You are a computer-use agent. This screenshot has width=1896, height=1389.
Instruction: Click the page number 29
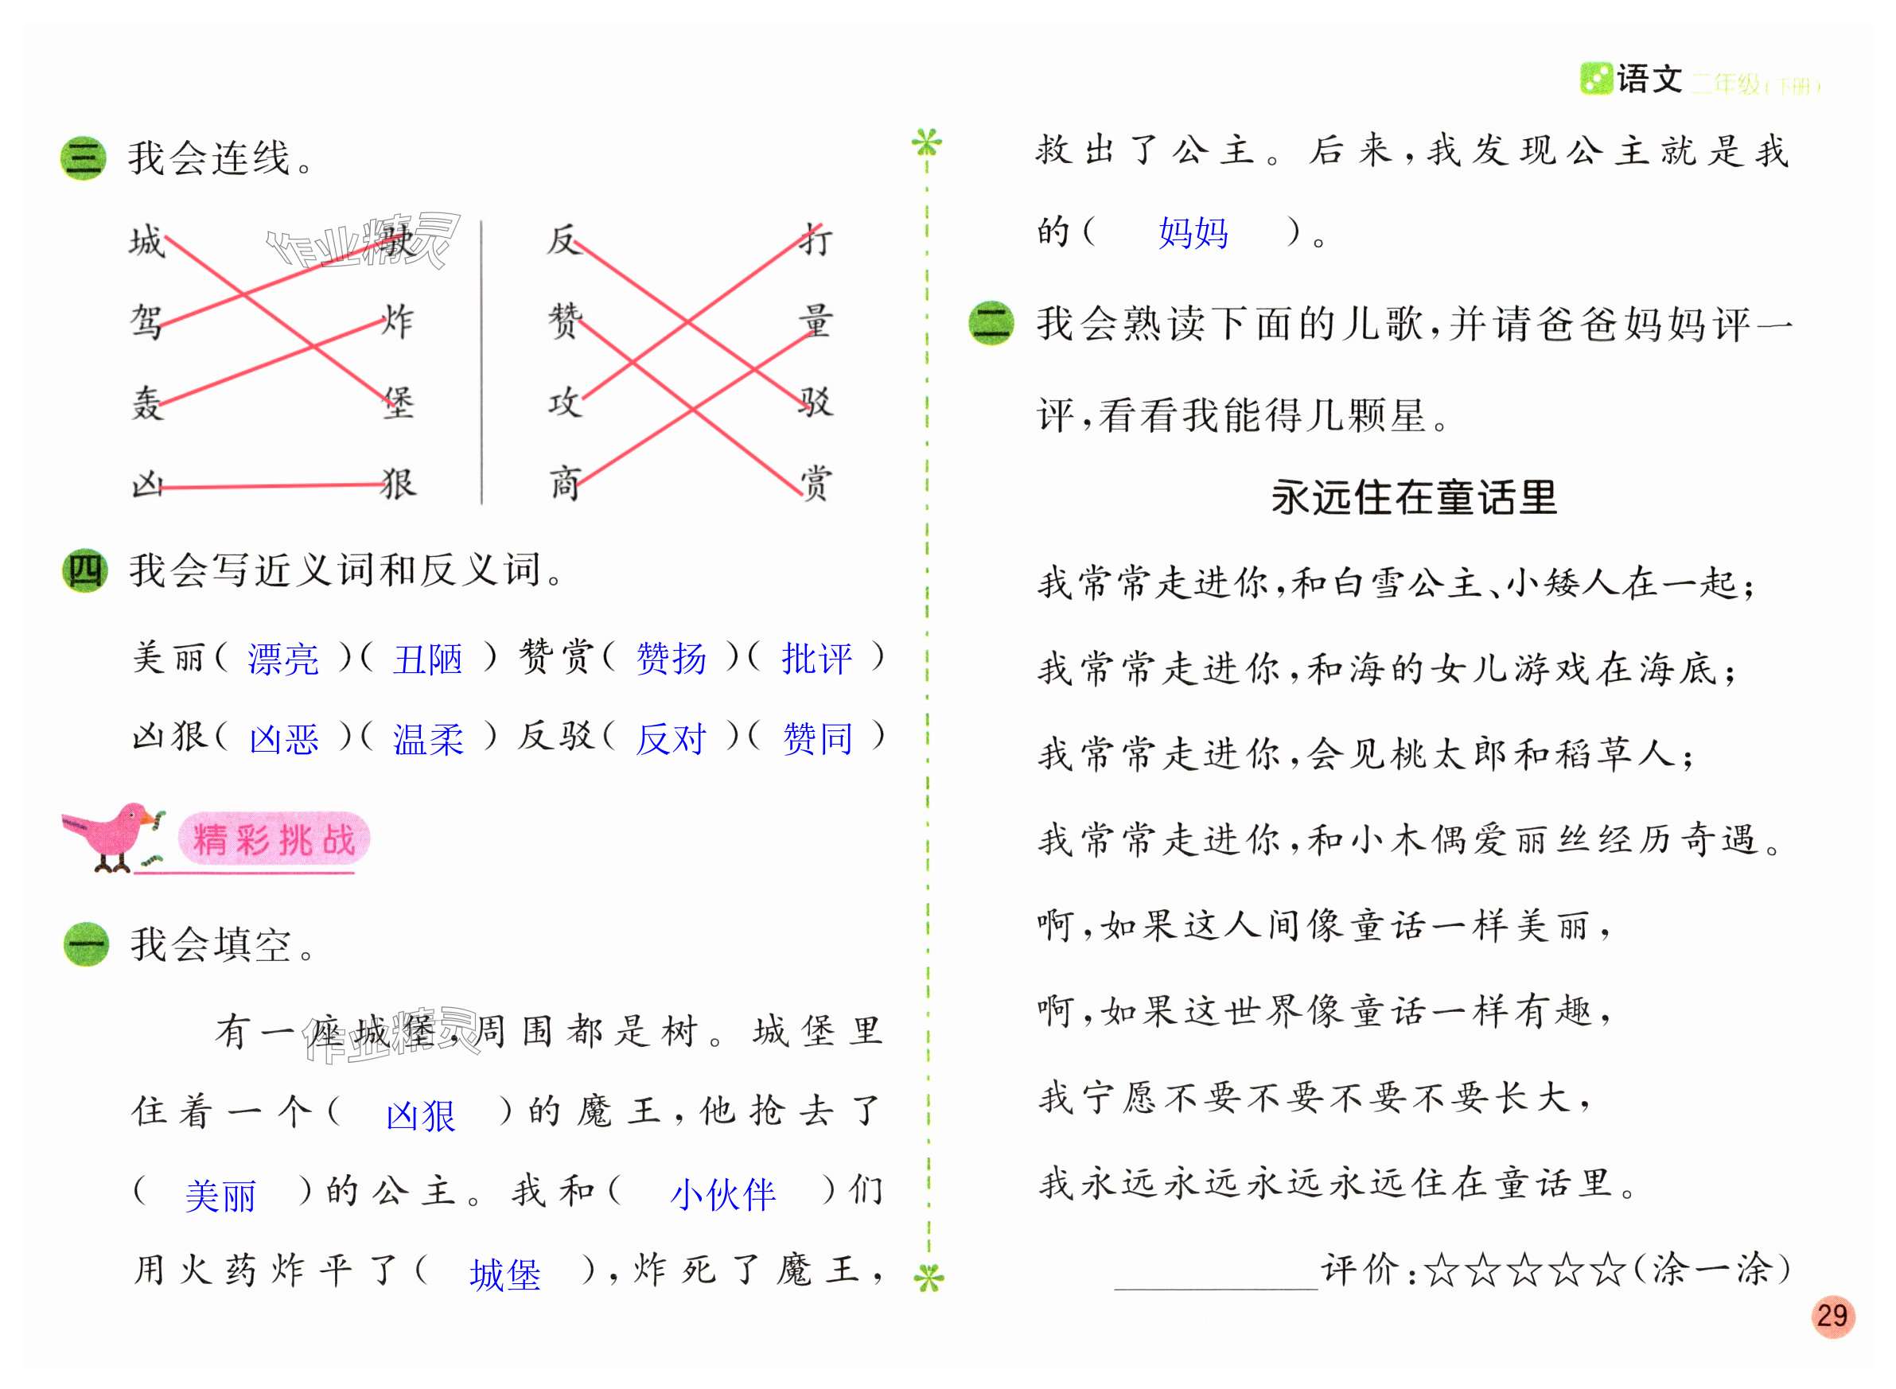pos(1832,1315)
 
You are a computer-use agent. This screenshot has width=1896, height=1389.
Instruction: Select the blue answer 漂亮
pos(283,659)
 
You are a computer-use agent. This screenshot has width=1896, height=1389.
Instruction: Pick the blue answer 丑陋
pos(428,659)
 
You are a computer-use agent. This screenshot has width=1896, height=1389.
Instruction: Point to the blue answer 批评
pos(816,659)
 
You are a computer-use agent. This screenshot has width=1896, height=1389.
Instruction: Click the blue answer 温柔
pos(428,739)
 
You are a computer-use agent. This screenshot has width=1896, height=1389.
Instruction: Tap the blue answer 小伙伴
pos(722,1194)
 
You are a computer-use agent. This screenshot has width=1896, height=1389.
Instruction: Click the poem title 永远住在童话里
pos(1413,497)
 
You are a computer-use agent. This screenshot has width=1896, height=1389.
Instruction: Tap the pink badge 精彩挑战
pos(274,838)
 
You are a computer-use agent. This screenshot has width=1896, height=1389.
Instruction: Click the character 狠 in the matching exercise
pos(399,484)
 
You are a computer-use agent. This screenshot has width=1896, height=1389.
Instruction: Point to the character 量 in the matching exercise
pos(815,321)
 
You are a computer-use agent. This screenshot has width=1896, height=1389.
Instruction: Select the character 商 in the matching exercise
pos(564,484)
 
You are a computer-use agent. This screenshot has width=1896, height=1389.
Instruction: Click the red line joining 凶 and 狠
pos(269,486)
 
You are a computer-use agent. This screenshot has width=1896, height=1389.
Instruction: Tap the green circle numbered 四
pos(84,571)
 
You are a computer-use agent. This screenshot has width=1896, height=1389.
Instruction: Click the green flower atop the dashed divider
pos(927,143)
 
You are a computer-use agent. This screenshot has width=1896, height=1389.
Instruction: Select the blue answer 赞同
pos(816,739)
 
